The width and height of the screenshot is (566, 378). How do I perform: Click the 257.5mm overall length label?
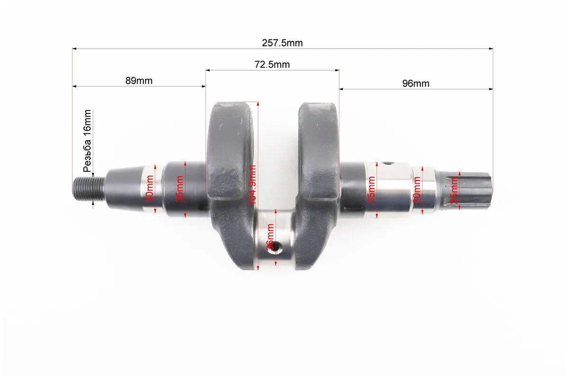[282, 43]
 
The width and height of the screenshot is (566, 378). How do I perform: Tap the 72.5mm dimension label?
[272, 65]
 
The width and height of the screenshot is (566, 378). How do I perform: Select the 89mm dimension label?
[139, 81]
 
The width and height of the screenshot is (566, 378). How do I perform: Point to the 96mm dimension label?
[416, 84]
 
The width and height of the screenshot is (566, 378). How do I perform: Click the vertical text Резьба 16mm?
[88, 141]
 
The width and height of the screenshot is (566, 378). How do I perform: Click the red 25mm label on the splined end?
[454, 190]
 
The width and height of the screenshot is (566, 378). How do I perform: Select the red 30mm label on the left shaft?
[150, 189]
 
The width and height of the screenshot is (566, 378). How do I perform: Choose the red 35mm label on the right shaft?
[371, 190]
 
